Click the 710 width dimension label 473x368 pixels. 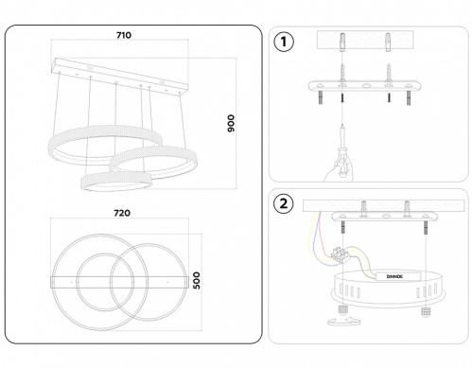123,35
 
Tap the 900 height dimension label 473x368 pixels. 230,124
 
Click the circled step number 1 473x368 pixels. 283,42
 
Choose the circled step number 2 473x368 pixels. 283,202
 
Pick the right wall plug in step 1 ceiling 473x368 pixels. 387,44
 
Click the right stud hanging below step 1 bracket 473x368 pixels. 410,98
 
